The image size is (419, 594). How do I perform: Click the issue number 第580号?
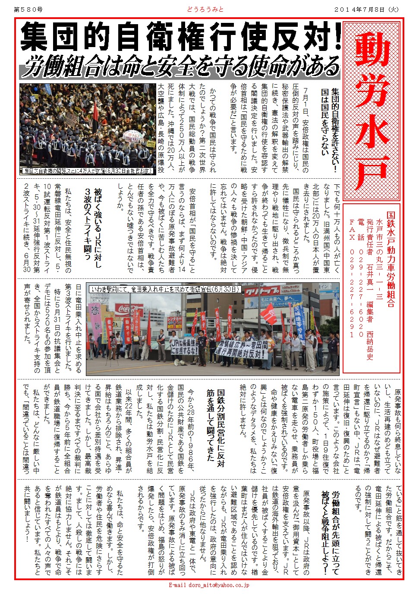pyautogui.click(x=28, y=9)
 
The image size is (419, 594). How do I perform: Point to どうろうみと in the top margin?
pyautogui.click(x=205, y=9)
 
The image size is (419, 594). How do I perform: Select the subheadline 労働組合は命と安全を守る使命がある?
pyautogui.click(x=181, y=67)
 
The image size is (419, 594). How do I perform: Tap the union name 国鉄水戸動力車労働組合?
pyautogui.click(x=391, y=259)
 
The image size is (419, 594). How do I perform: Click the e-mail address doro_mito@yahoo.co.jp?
pyautogui.click(x=209, y=585)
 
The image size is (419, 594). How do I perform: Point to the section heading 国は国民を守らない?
pyautogui.click(x=324, y=125)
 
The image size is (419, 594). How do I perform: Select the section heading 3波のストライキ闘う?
pyautogui.click(x=87, y=224)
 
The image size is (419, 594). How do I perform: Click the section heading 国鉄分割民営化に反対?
pyautogui.click(x=221, y=427)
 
